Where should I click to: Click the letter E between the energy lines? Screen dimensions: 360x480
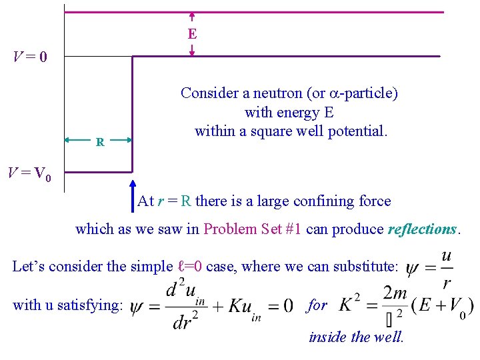click(x=192, y=33)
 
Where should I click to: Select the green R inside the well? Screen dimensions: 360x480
click(x=99, y=142)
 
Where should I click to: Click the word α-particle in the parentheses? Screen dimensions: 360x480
click(x=364, y=93)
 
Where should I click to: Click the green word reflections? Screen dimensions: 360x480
click(x=422, y=229)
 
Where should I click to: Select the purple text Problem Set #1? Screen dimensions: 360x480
click(x=253, y=229)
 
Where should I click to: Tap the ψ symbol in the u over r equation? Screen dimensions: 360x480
click(x=413, y=268)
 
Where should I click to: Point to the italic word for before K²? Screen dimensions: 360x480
click(x=317, y=305)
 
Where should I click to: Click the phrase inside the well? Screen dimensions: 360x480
click(x=356, y=337)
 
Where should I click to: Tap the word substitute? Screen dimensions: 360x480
click(x=362, y=267)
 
